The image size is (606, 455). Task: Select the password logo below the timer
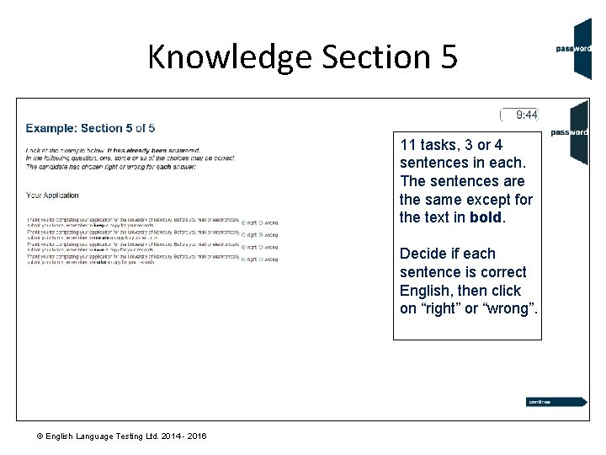point(570,132)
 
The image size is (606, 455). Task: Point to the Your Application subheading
point(52,195)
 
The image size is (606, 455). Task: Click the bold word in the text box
point(485,217)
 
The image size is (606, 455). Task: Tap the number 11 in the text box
point(408,144)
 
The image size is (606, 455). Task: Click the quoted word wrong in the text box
point(508,308)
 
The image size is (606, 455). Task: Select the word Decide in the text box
point(423,254)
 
